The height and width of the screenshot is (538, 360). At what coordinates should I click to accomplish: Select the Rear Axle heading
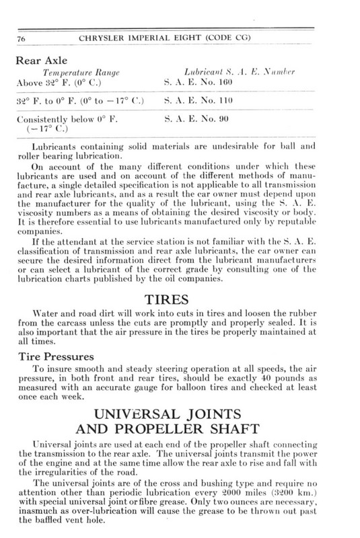(41, 59)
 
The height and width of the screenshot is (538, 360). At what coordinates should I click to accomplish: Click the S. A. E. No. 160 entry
(198, 82)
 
